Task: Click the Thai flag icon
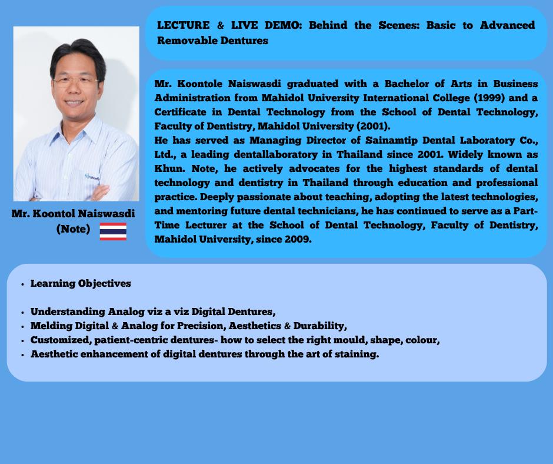tap(113, 231)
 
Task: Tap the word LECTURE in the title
tap(184, 25)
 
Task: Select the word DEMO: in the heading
tap(284, 25)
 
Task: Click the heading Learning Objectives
tap(81, 283)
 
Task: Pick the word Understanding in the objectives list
tap(68, 311)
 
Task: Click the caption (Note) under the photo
tap(74, 229)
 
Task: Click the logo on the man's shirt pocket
tap(92, 177)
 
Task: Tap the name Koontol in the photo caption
tap(53, 213)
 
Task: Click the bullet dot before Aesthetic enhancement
tap(22, 354)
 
